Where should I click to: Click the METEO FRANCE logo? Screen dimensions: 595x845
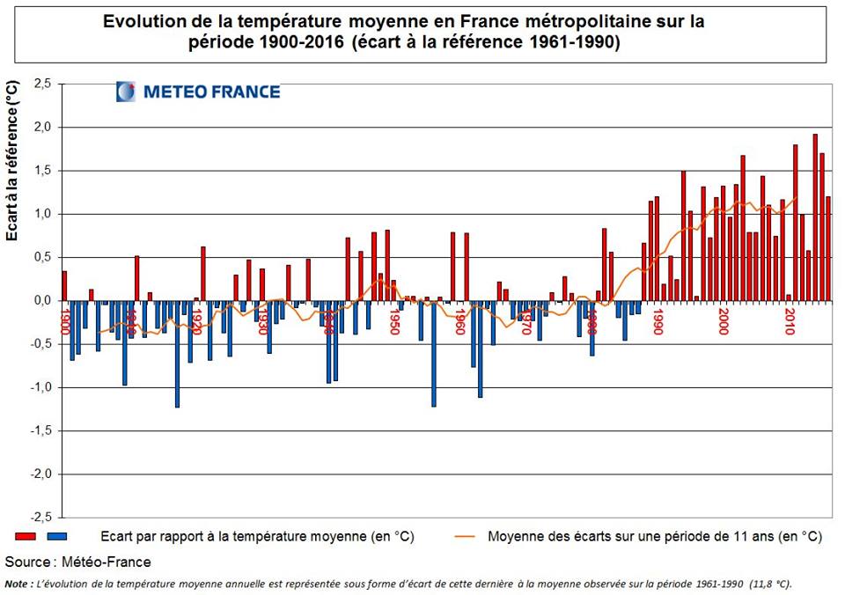(x=198, y=92)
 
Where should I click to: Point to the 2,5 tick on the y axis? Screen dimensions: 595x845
(x=42, y=84)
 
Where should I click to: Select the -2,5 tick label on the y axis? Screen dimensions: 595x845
(x=40, y=517)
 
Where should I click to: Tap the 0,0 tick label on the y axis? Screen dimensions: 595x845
(x=42, y=301)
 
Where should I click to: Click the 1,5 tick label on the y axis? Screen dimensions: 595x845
(x=42, y=171)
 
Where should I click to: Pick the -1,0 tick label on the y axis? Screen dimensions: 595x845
(x=40, y=387)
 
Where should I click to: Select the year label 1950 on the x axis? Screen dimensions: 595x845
(x=394, y=321)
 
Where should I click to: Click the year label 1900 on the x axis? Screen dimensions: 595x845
(x=65, y=318)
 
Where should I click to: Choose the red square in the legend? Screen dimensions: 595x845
(x=24, y=536)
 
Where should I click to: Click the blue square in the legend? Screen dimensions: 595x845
(x=57, y=536)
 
